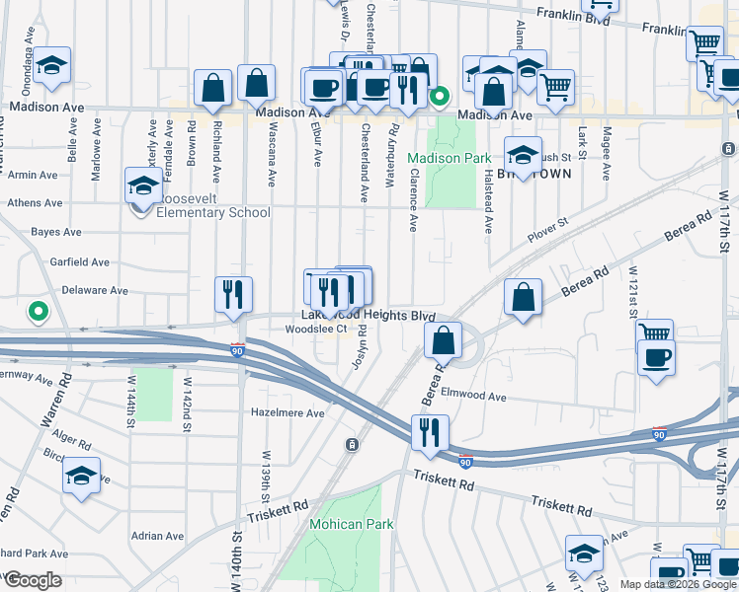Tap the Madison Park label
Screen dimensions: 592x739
(449, 158)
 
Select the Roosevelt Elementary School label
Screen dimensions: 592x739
(202, 212)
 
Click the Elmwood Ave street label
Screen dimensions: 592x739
(474, 397)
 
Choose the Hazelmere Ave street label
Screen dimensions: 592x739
(287, 412)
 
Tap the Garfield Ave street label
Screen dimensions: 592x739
(83, 262)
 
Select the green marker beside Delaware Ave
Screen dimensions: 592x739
(39, 313)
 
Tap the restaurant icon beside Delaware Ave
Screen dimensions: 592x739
(234, 294)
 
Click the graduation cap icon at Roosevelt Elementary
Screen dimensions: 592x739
(143, 185)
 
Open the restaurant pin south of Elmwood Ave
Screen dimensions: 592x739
(430, 431)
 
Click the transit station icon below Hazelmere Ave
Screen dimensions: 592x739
(351, 446)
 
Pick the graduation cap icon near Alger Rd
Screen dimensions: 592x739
(82, 477)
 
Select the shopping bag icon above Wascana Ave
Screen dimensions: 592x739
(256, 85)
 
